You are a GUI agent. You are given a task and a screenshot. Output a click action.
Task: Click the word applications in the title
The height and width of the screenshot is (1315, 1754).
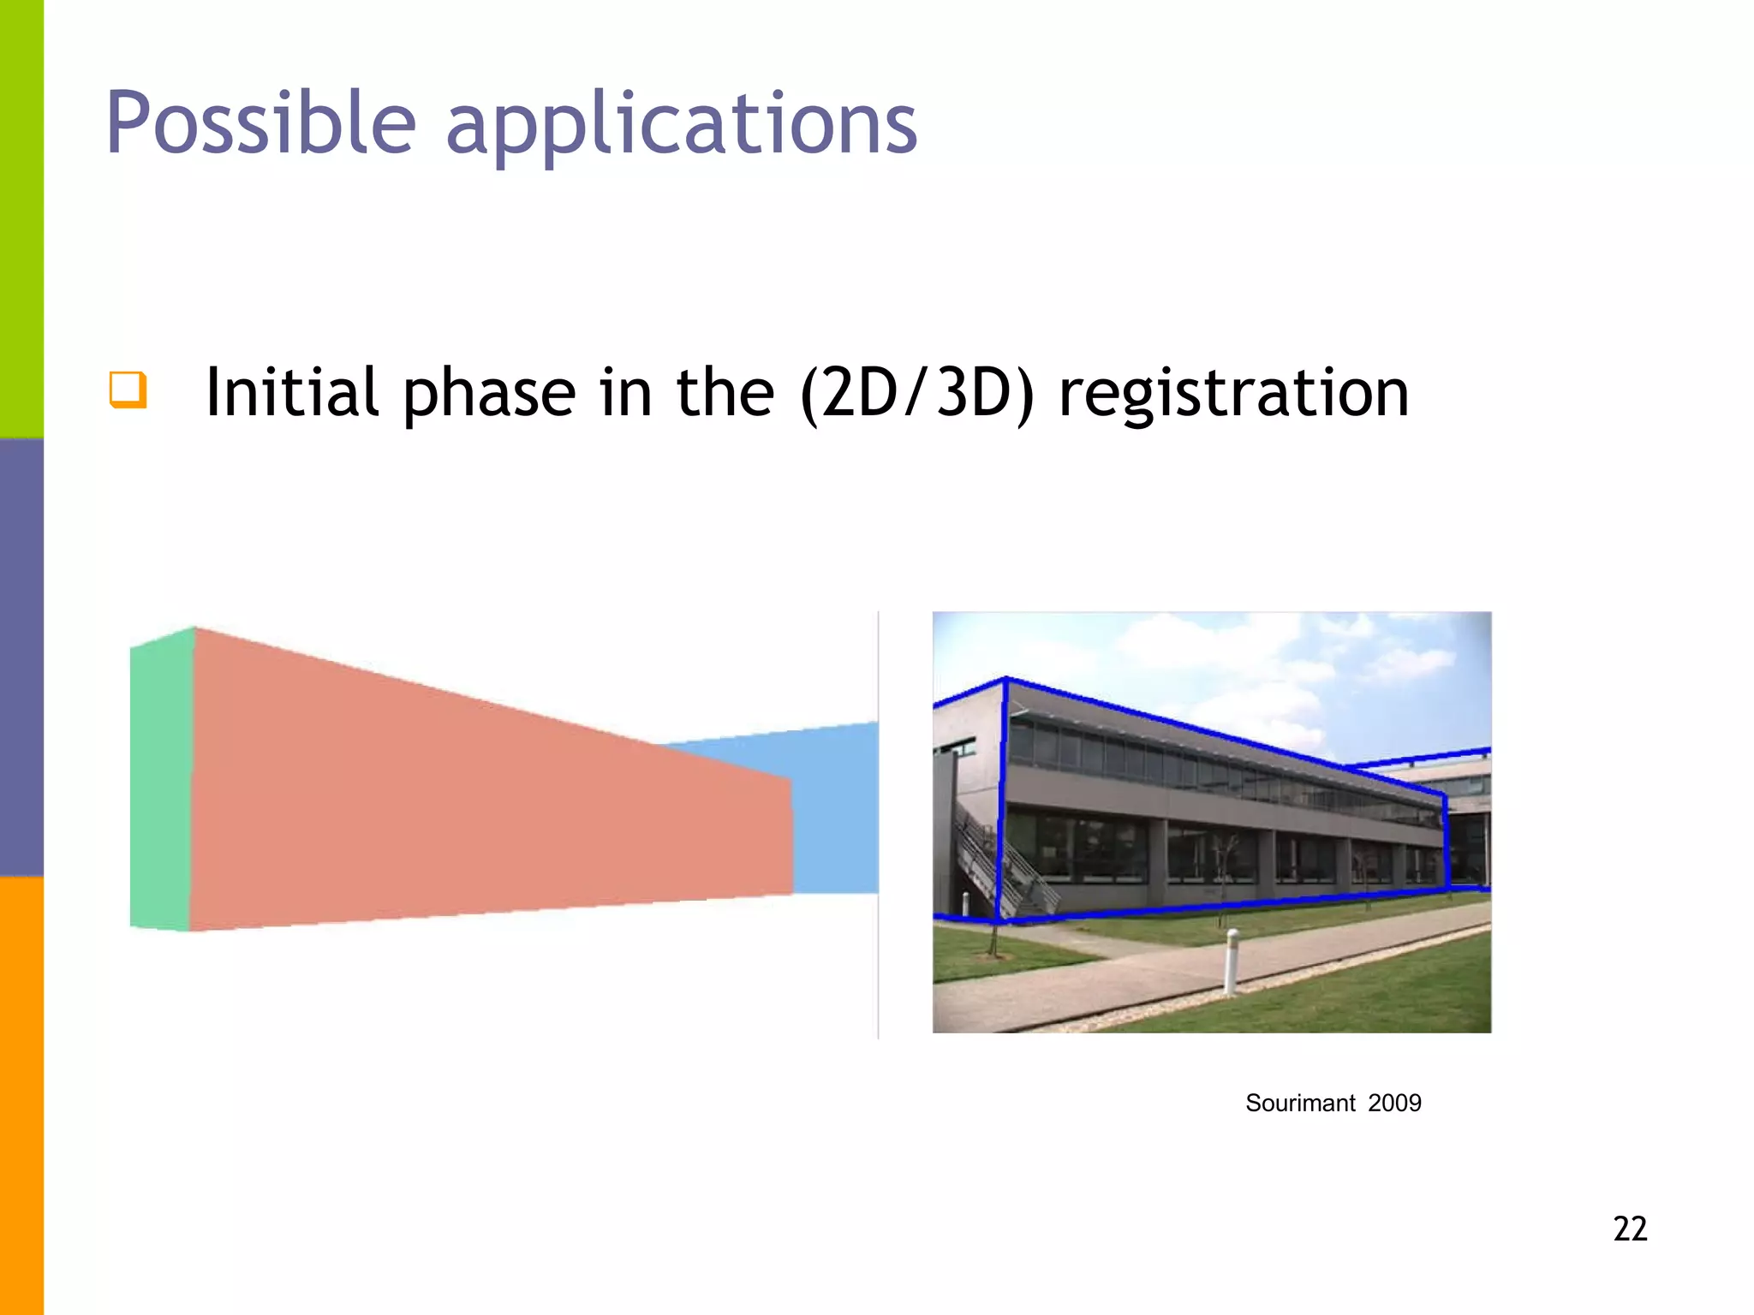[x=681, y=127]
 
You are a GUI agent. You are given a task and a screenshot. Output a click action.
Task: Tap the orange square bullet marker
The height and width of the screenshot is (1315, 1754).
[x=128, y=390]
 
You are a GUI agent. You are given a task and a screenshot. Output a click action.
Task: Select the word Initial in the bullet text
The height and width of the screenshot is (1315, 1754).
[x=291, y=392]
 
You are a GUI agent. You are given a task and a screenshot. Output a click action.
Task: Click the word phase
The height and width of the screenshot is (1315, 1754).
[x=489, y=394]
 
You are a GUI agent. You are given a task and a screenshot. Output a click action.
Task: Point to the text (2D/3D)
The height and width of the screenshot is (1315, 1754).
[x=916, y=394]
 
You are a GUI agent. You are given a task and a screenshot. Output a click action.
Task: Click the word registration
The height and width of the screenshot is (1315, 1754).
[x=1233, y=394]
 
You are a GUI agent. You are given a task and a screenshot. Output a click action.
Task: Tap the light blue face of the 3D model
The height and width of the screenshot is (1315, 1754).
[x=835, y=813]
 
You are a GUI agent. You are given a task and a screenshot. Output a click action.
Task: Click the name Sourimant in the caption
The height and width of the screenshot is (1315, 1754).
[x=1300, y=1103]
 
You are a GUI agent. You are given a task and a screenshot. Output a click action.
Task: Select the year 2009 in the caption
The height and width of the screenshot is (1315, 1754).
[x=1394, y=1103]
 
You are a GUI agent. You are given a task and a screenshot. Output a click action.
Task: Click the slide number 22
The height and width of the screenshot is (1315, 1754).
[x=1630, y=1229]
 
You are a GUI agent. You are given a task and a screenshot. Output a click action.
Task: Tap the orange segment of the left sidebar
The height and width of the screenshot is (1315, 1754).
[x=21, y=1096]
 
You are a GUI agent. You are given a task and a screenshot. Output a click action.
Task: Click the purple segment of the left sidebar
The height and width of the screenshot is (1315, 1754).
[x=21, y=657]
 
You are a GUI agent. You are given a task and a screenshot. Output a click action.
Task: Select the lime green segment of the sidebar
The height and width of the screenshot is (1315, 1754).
[x=21, y=218]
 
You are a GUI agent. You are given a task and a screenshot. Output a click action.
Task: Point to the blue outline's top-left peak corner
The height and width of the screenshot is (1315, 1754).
[x=1005, y=679]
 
